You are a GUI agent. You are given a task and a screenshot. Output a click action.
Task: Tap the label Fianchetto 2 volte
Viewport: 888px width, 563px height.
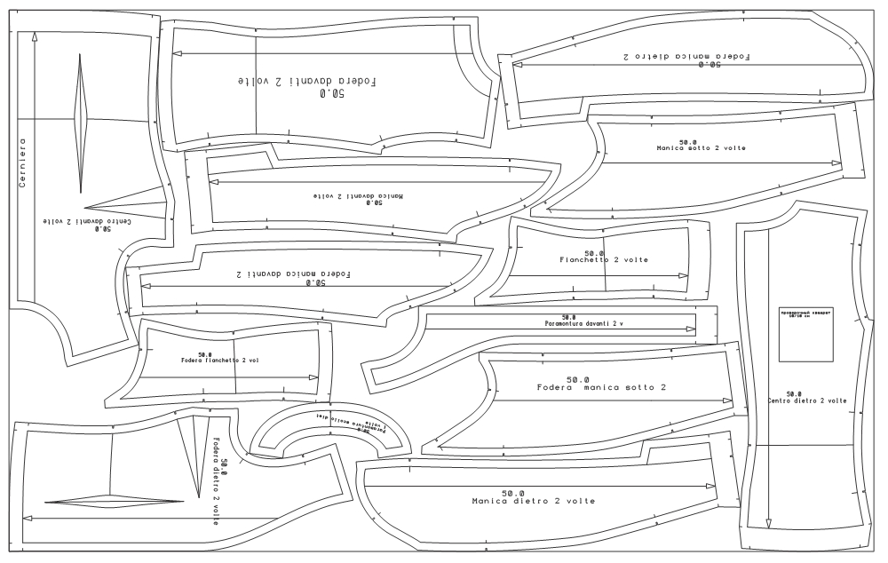604,260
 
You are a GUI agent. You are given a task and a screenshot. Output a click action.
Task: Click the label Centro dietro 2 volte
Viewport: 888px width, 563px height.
806,401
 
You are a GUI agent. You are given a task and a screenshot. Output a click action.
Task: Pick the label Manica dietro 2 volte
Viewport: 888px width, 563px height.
533,502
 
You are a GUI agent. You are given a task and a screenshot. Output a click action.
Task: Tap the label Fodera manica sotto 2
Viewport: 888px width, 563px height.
601,388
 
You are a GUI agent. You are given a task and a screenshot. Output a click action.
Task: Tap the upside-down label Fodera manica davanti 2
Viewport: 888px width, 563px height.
293,274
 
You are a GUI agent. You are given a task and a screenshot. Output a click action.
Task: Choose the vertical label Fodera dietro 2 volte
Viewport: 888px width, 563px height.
216,480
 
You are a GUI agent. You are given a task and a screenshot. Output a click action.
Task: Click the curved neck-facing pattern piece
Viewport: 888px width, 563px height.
331,432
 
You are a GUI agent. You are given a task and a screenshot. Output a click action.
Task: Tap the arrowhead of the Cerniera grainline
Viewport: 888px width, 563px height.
34,36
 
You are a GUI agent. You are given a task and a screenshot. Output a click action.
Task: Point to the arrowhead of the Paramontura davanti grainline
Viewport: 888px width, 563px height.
692,329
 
